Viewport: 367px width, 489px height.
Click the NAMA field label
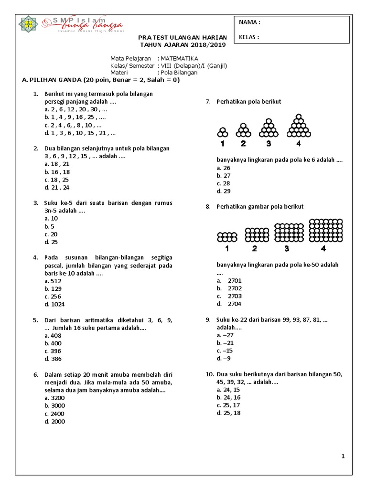pyautogui.click(x=249, y=22)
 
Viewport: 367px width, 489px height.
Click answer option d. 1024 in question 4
pyautogui.click(x=54, y=304)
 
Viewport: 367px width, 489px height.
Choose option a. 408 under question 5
pyautogui.click(x=53, y=336)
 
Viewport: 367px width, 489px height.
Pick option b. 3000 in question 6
pyautogui.click(x=54, y=406)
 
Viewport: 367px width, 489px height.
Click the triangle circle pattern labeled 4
pyautogui.click(x=298, y=126)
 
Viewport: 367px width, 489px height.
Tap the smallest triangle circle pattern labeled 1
pyautogui.click(x=223, y=132)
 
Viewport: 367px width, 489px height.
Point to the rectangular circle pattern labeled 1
pyautogui.click(x=227, y=236)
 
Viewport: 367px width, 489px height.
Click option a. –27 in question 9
pyautogui.click(x=225, y=335)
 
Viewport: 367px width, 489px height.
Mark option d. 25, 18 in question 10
pyautogui.click(x=228, y=413)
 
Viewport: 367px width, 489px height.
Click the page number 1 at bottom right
pyautogui.click(x=343, y=457)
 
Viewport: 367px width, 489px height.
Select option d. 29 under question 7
pyautogui.click(x=224, y=191)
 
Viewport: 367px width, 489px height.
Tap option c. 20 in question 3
pyautogui.click(x=51, y=234)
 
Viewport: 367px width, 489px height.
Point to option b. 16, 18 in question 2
pyautogui.click(x=57, y=172)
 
